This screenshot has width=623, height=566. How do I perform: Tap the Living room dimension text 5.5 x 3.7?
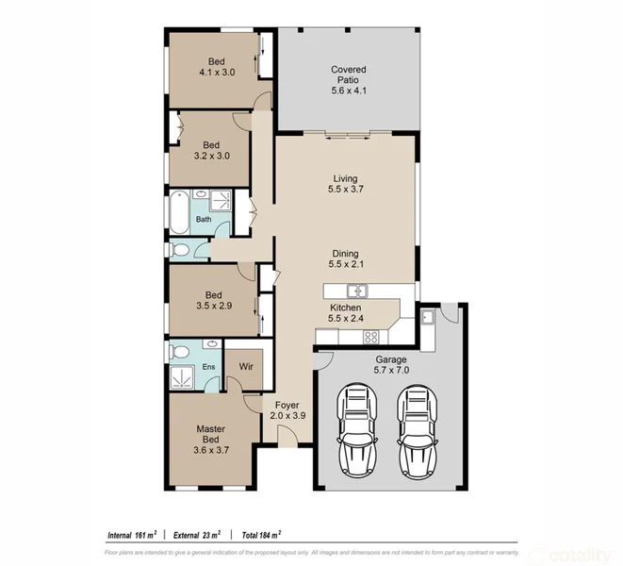click(345, 191)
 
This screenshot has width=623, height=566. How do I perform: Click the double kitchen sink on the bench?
click(356, 290)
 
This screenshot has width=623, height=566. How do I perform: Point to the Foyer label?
click(287, 406)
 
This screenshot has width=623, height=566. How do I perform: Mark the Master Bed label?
click(211, 434)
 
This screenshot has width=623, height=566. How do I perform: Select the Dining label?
click(345, 253)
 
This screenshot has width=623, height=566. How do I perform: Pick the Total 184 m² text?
click(263, 533)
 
